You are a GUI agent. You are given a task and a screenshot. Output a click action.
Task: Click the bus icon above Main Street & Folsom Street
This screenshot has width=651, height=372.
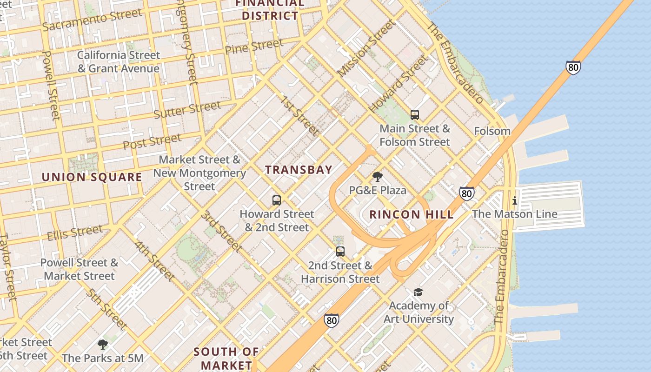(x=415, y=115)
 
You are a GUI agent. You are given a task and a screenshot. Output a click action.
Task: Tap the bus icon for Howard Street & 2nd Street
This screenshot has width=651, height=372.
(x=277, y=200)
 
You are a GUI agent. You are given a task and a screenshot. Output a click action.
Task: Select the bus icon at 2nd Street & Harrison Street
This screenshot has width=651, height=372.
(x=340, y=252)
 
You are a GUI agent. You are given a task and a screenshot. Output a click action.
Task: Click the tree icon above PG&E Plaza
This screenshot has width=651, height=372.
(x=378, y=177)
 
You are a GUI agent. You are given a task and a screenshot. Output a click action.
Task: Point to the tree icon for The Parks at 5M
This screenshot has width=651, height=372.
(x=103, y=345)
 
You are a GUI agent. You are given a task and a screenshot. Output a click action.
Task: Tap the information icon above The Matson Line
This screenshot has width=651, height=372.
(x=515, y=201)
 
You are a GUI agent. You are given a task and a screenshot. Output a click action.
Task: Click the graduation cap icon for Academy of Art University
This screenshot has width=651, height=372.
(x=418, y=292)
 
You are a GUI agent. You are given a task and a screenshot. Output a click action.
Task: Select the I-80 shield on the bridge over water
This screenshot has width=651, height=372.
(x=573, y=67)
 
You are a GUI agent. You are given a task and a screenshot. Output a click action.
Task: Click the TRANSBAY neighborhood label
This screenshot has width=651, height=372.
(x=299, y=170)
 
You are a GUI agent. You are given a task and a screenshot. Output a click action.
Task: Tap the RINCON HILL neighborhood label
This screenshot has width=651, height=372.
(x=412, y=214)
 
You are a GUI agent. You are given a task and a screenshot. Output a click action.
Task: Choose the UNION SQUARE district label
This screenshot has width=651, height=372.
(x=92, y=177)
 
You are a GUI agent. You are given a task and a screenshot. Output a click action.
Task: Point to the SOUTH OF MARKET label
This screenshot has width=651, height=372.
(x=226, y=358)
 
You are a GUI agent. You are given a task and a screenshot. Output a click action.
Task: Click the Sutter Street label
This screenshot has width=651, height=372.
(x=187, y=110)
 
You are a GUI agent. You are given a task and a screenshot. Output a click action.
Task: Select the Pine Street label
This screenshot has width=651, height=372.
(x=254, y=46)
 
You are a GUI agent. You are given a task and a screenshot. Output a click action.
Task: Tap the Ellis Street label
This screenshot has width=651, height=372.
(x=75, y=232)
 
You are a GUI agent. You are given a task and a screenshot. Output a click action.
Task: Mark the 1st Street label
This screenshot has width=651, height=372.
(x=299, y=116)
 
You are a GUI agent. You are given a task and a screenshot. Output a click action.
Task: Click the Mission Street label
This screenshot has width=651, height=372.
(x=366, y=48)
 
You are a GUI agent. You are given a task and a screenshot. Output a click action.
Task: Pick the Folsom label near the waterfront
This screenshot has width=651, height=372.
(x=492, y=131)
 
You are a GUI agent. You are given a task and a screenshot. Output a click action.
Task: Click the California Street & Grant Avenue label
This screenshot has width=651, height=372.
(x=118, y=62)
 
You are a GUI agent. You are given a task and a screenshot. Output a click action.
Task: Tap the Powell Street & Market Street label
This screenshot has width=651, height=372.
(x=79, y=269)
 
